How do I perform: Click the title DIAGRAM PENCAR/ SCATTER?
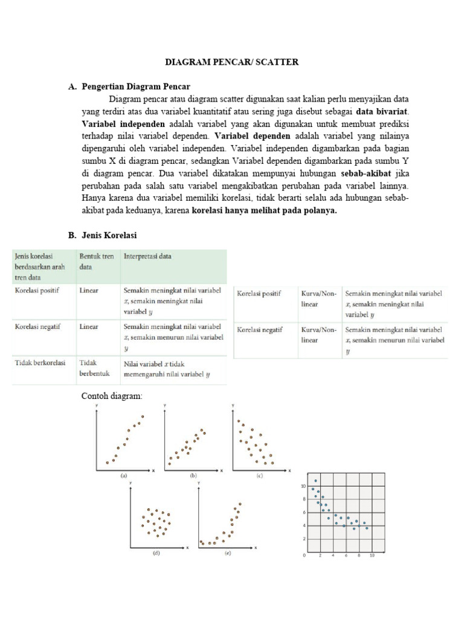tap(232, 62)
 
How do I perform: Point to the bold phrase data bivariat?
tap(382, 111)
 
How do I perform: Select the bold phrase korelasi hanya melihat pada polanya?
tap(265, 211)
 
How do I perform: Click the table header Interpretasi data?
tap(147, 256)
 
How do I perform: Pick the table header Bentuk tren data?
tap(96, 261)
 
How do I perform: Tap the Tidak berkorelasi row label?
tap(40, 363)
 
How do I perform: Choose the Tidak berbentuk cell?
tap(94, 368)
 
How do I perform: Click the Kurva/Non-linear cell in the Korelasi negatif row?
tap(318, 335)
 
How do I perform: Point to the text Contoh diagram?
tap(112, 397)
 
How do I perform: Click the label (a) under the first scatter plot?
tap(123, 476)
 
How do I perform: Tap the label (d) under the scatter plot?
tap(156, 553)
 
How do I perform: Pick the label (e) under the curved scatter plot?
tap(227, 553)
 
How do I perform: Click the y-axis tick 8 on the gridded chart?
tap(303, 499)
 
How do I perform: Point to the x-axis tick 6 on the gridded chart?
tap(346, 554)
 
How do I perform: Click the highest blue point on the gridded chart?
tap(315, 481)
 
